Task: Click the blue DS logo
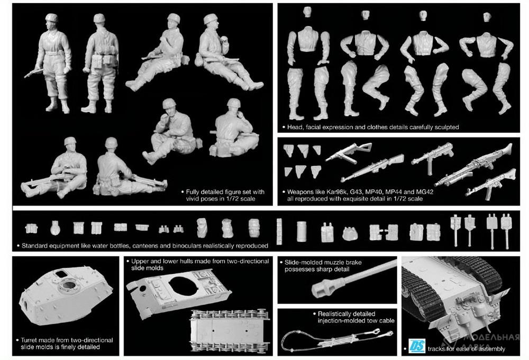click(417, 346)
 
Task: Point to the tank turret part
click(66, 295)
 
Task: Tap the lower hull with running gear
click(230, 331)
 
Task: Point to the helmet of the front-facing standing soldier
click(52, 17)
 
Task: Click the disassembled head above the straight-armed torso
click(307, 12)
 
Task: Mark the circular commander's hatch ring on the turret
click(69, 285)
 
